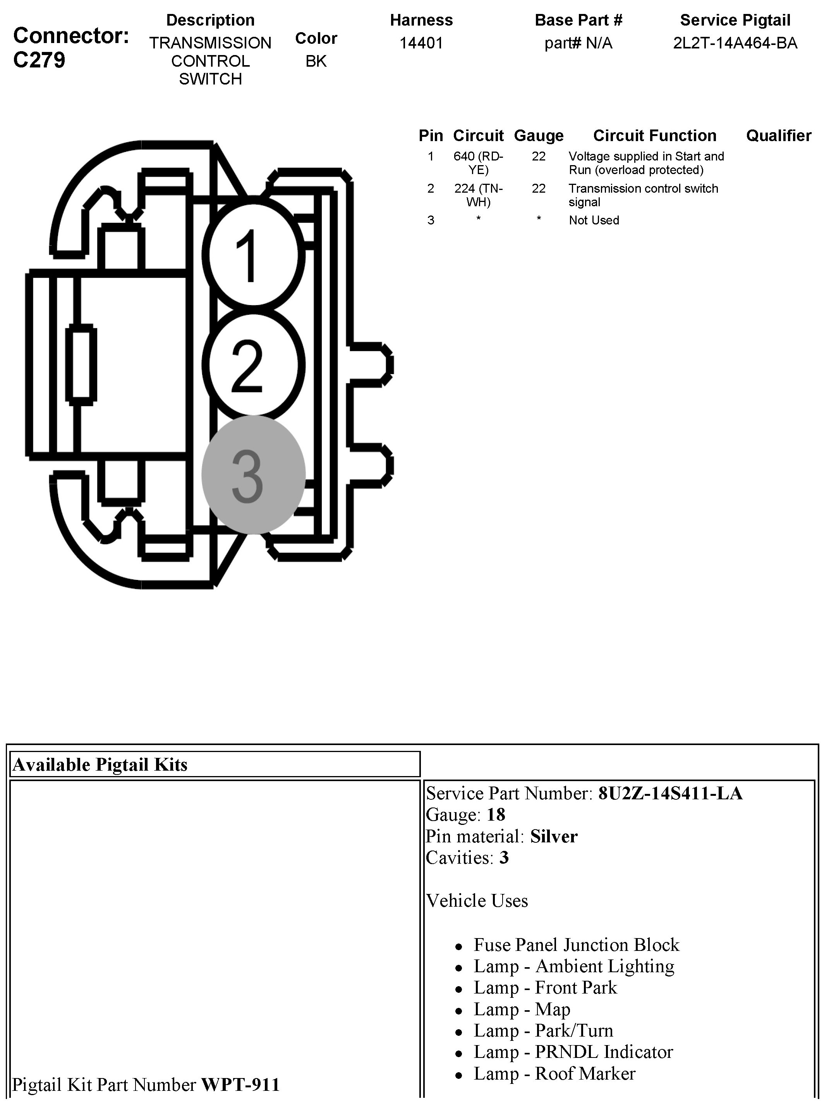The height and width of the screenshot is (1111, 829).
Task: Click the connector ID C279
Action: click(x=39, y=60)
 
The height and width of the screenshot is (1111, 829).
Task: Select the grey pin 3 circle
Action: click(x=253, y=474)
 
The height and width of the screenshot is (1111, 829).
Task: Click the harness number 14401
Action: click(x=421, y=43)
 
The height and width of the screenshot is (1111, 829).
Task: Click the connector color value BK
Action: click(x=316, y=61)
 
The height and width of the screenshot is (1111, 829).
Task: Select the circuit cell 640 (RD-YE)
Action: click(x=478, y=163)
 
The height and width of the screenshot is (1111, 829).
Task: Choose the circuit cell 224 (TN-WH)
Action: click(x=478, y=195)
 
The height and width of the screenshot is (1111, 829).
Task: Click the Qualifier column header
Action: click(x=778, y=136)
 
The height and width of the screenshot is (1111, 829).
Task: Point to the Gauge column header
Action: click(x=539, y=136)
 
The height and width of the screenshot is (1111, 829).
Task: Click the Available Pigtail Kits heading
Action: click(x=100, y=764)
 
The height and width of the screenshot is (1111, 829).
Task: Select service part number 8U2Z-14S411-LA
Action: click(x=670, y=793)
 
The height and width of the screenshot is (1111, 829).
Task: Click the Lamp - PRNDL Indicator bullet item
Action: click(x=573, y=1052)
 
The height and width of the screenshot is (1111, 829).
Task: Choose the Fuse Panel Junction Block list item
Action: click(x=576, y=945)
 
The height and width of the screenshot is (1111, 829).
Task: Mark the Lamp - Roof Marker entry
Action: click(x=554, y=1073)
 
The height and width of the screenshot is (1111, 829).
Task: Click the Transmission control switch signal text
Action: click(x=643, y=195)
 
